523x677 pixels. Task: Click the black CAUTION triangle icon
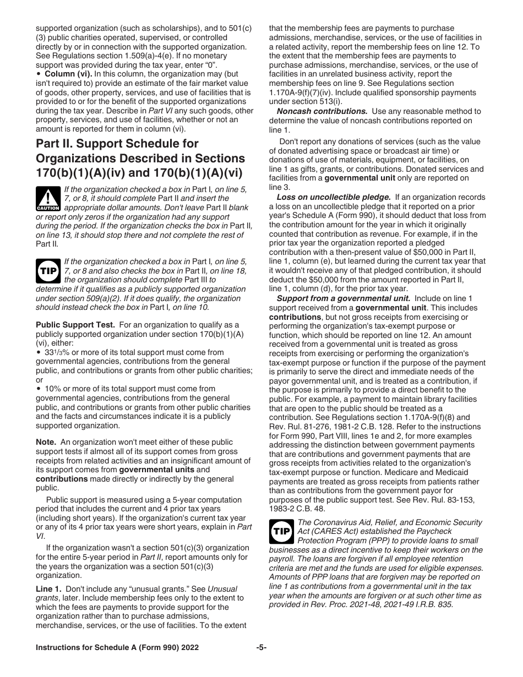[48, 199]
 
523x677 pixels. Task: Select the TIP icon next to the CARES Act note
[281, 532]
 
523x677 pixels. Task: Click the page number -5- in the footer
[261, 648]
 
